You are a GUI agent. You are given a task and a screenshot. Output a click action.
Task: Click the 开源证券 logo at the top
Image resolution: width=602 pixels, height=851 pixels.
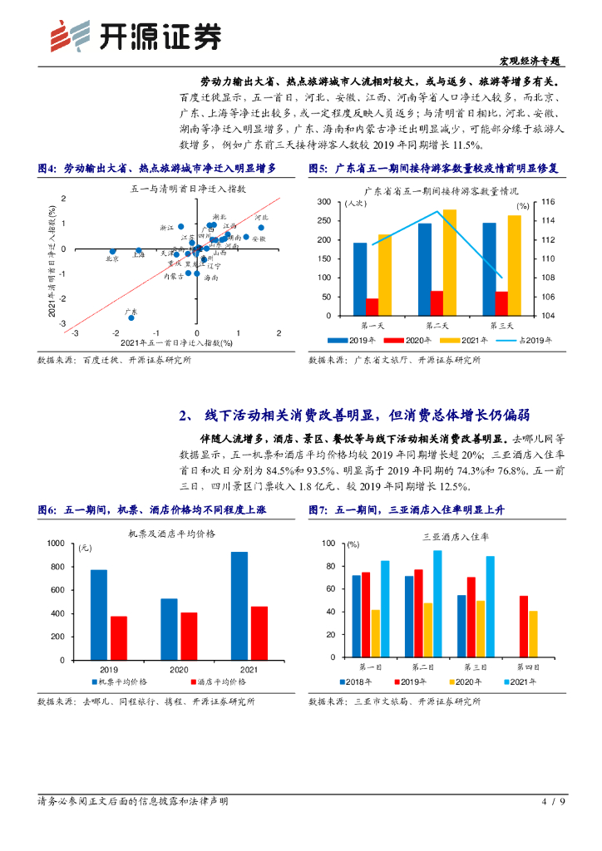pyautogui.click(x=136, y=35)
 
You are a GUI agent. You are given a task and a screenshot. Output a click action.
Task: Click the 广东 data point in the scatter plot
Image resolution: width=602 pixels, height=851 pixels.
pyautogui.click(x=131, y=317)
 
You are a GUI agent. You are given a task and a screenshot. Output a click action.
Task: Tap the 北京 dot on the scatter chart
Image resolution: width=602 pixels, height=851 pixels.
pyautogui.click(x=113, y=251)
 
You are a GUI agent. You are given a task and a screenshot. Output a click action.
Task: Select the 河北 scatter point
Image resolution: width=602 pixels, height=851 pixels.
pyautogui.click(x=261, y=228)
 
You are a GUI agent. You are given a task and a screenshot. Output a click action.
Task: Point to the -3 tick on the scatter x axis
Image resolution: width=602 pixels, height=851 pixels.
pyautogui.click(x=75, y=334)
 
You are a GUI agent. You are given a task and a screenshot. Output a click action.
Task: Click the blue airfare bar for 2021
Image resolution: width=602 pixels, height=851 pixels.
pyautogui.click(x=239, y=604)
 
